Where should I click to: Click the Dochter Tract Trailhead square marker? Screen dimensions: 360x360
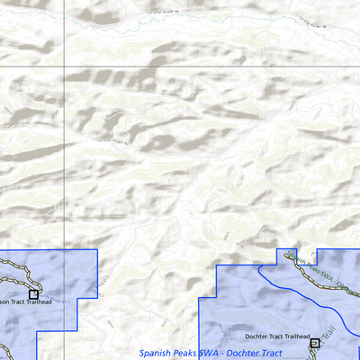pyautogui.click(x=314, y=343)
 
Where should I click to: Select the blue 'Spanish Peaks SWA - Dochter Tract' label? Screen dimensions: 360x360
pyautogui.click(x=217, y=353)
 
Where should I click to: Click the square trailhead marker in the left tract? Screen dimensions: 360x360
pyautogui.click(x=33, y=294)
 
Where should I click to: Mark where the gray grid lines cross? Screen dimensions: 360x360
pyautogui.click(x=65, y=67)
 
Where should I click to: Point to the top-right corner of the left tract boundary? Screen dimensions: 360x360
pyautogui.click(x=96, y=250)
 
